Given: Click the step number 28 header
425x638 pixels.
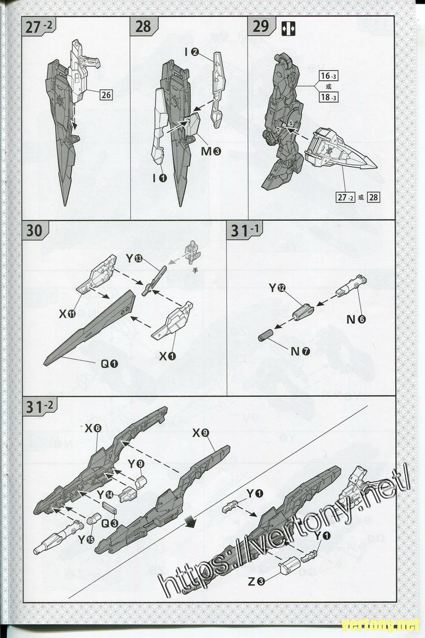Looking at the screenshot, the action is pos(143,27).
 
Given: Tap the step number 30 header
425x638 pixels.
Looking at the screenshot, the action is pos(34,230).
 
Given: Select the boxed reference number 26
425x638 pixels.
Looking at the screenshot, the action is pos(106,95).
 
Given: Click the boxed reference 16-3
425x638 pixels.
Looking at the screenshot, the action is pos(328,75).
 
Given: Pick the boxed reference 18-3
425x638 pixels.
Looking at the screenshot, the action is pos(328,97).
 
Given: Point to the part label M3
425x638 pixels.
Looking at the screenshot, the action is pos(211,151).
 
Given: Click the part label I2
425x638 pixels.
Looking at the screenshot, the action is pos(192,52).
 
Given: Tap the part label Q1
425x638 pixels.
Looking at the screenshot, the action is pos(109,364).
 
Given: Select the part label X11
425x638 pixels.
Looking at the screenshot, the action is pos(67,314).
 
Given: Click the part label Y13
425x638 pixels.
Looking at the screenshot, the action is pos(134,258).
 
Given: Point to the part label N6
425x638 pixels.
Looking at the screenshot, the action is pos(356,320).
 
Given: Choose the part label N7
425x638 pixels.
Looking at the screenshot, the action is pos(300,352).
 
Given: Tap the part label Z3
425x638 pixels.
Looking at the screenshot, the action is pos(257,581).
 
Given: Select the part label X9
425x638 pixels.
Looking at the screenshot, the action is pos(201,433).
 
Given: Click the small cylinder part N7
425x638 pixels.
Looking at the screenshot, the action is pos(266,334).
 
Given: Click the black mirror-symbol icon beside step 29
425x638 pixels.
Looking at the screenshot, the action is pos(288,29).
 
